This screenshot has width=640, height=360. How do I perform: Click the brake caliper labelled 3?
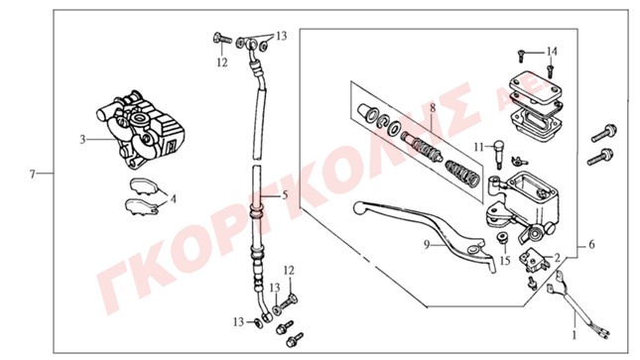coord(141,131)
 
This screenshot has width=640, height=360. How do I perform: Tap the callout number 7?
coord(33,174)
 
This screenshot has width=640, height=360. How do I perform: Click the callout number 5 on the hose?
coord(285,195)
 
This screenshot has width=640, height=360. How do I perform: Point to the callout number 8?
coord(433,108)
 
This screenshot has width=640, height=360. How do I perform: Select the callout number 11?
coord(479,147)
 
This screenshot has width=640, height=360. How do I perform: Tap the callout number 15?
coord(505,260)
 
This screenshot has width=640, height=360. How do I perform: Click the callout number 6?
coord(591,245)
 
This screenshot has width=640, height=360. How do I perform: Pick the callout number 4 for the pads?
coord(174,199)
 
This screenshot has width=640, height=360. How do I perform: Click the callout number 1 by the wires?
coord(575,335)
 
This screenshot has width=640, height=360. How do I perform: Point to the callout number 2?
coord(557,257)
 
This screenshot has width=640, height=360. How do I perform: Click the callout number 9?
coord(427,245)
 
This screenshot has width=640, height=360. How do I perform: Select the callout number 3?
coord(83,140)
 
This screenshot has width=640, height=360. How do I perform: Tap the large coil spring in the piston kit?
coord(461,172)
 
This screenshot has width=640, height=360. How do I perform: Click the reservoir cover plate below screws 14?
coord(535,86)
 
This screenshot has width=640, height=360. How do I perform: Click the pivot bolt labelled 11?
coord(499,154)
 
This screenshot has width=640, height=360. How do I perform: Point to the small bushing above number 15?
coord(502,237)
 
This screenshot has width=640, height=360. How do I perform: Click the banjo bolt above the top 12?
coord(222,39)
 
